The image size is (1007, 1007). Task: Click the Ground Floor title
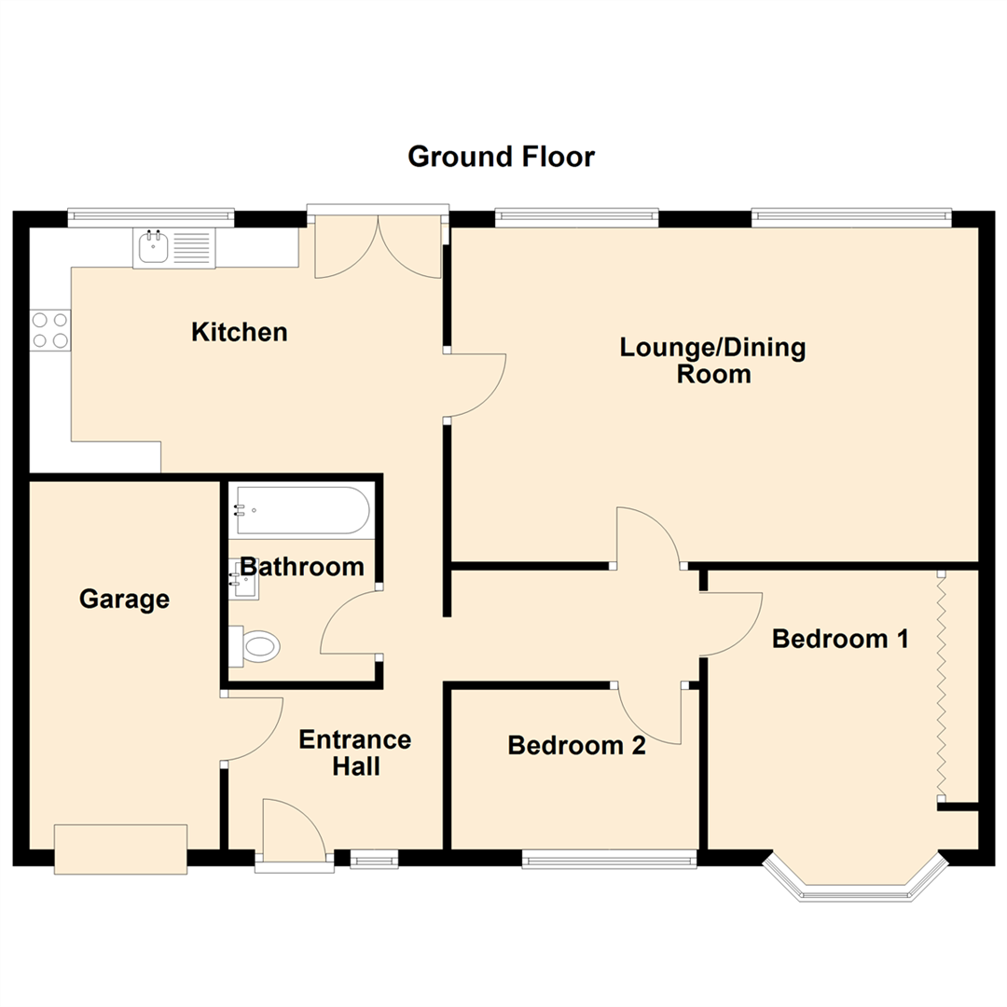pos(501,157)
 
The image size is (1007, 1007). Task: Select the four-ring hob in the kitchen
pos(49,330)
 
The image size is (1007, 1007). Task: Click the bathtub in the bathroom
pos(301,510)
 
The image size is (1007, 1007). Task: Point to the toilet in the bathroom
pos(255,646)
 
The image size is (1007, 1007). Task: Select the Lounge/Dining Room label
pos(712,361)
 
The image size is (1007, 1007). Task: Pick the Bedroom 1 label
pos(840,639)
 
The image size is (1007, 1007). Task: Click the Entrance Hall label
pos(354,752)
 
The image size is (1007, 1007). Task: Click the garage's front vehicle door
pos(121,848)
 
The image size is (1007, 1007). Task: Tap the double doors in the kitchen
pos(378,244)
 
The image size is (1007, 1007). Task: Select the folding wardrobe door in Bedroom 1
pos(942,684)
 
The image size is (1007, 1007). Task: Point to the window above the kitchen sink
pos(151,216)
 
